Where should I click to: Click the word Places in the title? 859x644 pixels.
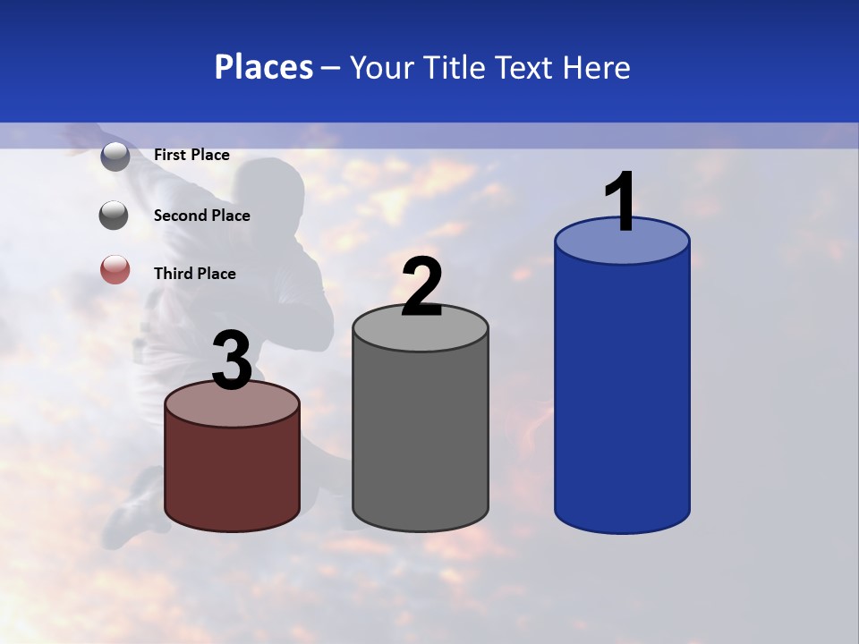click(263, 67)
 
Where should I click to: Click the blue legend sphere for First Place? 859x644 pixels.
click(115, 156)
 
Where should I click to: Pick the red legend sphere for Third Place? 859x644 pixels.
click(115, 270)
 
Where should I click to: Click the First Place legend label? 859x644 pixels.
click(191, 155)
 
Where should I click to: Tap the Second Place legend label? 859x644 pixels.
click(201, 216)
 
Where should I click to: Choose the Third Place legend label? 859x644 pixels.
click(194, 274)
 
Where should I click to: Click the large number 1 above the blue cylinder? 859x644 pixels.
click(620, 201)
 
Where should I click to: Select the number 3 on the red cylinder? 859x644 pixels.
click(232, 360)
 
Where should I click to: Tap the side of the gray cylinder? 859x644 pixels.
click(421, 438)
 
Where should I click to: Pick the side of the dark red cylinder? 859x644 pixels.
click(232, 474)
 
